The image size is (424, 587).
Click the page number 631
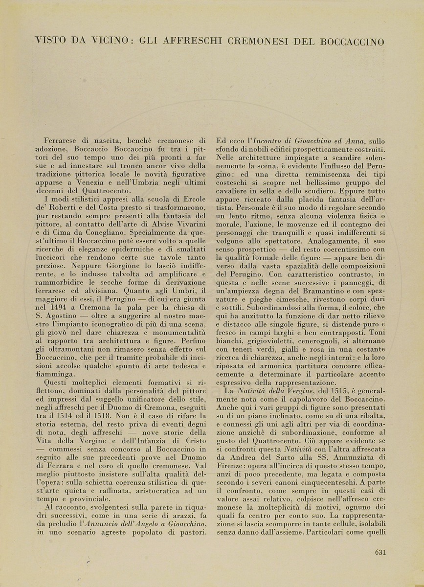pos(380,552)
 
